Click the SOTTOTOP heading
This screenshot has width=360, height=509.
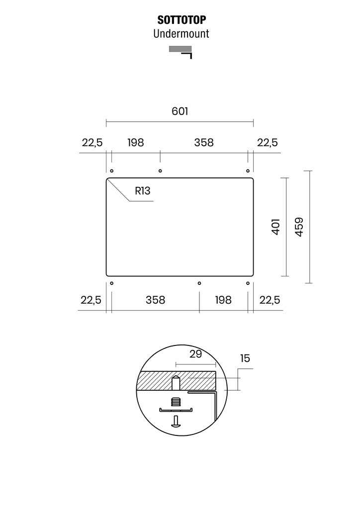(181, 20)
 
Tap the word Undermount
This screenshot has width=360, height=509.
(181, 34)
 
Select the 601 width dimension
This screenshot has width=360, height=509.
(180, 111)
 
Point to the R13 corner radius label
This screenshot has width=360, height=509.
(143, 191)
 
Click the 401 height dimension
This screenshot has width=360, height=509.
(275, 227)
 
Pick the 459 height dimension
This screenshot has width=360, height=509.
(299, 227)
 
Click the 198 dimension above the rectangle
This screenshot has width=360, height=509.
(135, 143)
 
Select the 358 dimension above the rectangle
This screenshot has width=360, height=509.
(204, 143)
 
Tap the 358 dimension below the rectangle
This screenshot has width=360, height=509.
(155, 300)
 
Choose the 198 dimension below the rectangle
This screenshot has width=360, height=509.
(223, 300)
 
